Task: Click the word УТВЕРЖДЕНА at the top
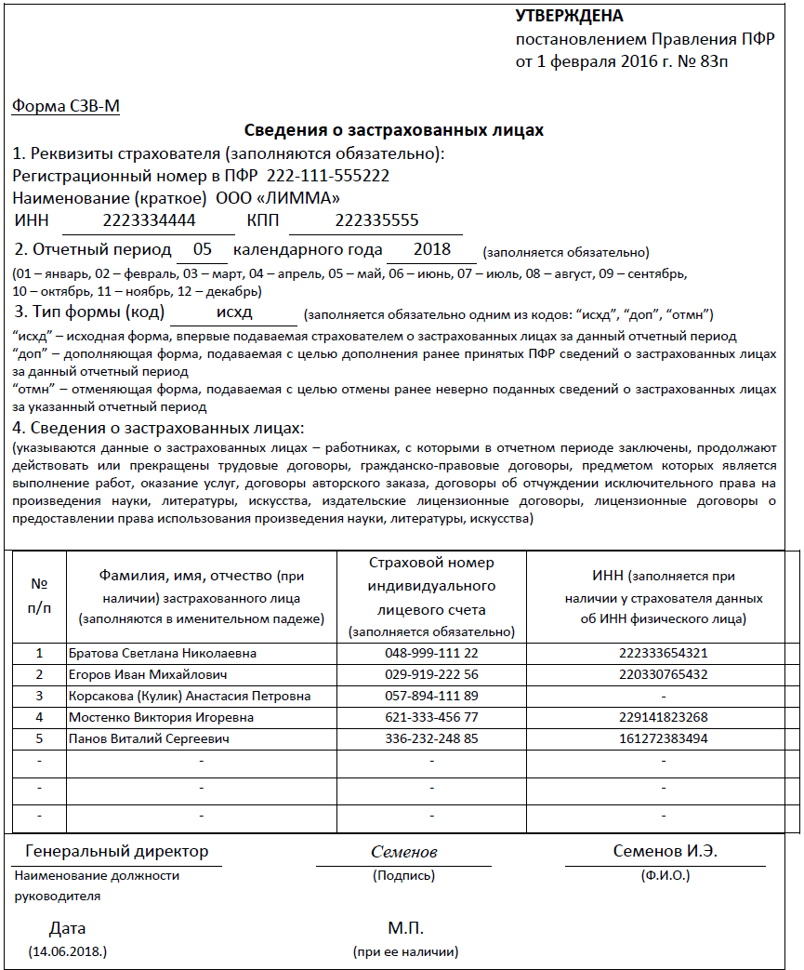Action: click(x=569, y=17)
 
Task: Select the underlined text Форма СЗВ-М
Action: click(x=66, y=106)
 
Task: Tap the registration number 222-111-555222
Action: click(x=328, y=176)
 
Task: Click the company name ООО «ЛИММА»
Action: click(x=278, y=198)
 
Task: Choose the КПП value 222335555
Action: click(x=376, y=220)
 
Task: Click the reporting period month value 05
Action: click(x=203, y=249)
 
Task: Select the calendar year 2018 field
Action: click(x=432, y=249)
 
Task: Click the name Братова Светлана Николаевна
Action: click(x=163, y=653)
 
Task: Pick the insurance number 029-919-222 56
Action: click(x=431, y=674)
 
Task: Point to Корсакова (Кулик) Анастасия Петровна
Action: click(x=190, y=696)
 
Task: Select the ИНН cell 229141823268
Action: click(x=663, y=717)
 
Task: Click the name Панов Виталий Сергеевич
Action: click(x=149, y=738)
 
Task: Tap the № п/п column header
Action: click(x=40, y=595)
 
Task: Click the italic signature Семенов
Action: click(x=403, y=852)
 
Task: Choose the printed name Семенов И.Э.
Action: click(x=665, y=851)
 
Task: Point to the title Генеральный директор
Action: click(x=117, y=851)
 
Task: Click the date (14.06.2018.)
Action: click(x=68, y=951)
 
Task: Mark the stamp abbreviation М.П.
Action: click(x=405, y=928)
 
